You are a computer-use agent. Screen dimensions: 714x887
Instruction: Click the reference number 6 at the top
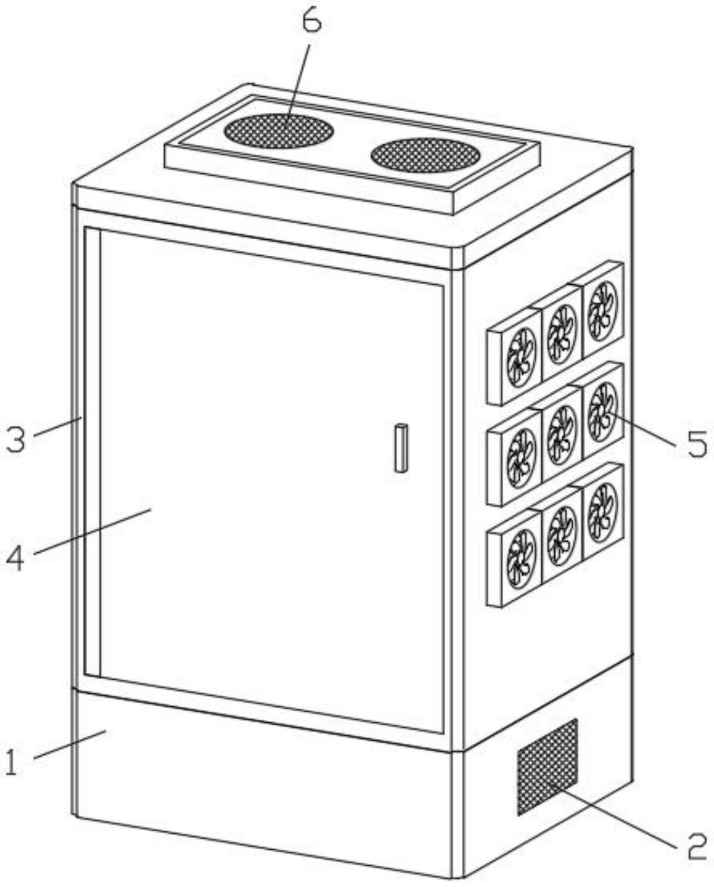click(311, 22)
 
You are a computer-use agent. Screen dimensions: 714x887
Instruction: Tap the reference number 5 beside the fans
click(697, 443)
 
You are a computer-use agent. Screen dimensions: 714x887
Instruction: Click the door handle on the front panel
click(401, 448)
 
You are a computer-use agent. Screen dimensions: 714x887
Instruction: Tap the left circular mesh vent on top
click(278, 131)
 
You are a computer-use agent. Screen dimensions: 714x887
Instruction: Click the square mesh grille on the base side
click(547, 767)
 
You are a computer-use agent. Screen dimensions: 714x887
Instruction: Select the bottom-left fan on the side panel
click(521, 557)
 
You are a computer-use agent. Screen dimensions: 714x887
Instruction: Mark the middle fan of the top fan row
click(562, 334)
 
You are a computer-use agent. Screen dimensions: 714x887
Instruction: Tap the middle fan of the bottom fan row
click(562, 534)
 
